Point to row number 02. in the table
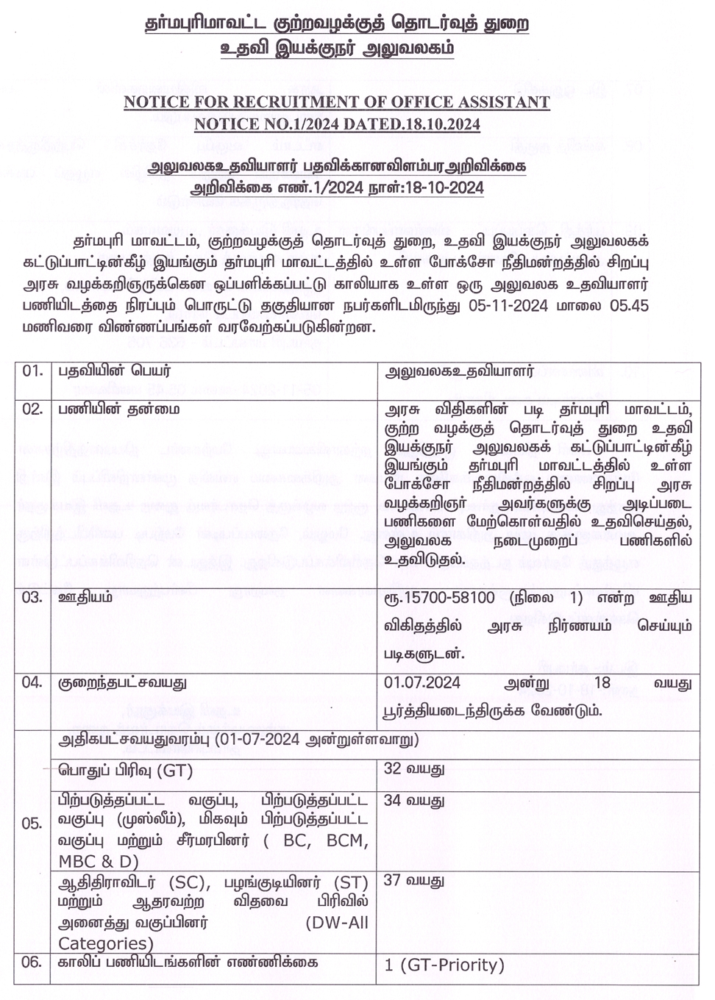(x=32, y=409)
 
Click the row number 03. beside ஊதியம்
(x=32, y=597)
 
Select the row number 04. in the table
(x=32, y=682)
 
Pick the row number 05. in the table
(x=32, y=823)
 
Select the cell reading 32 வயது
(x=414, y=770)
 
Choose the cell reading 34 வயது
(x=414, y=800)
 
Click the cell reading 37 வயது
(x=414, y=880)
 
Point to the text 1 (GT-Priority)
(x=444, y=965)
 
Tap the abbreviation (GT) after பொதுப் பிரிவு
(x=174, y=771)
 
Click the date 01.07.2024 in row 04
(x=422, y=683)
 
